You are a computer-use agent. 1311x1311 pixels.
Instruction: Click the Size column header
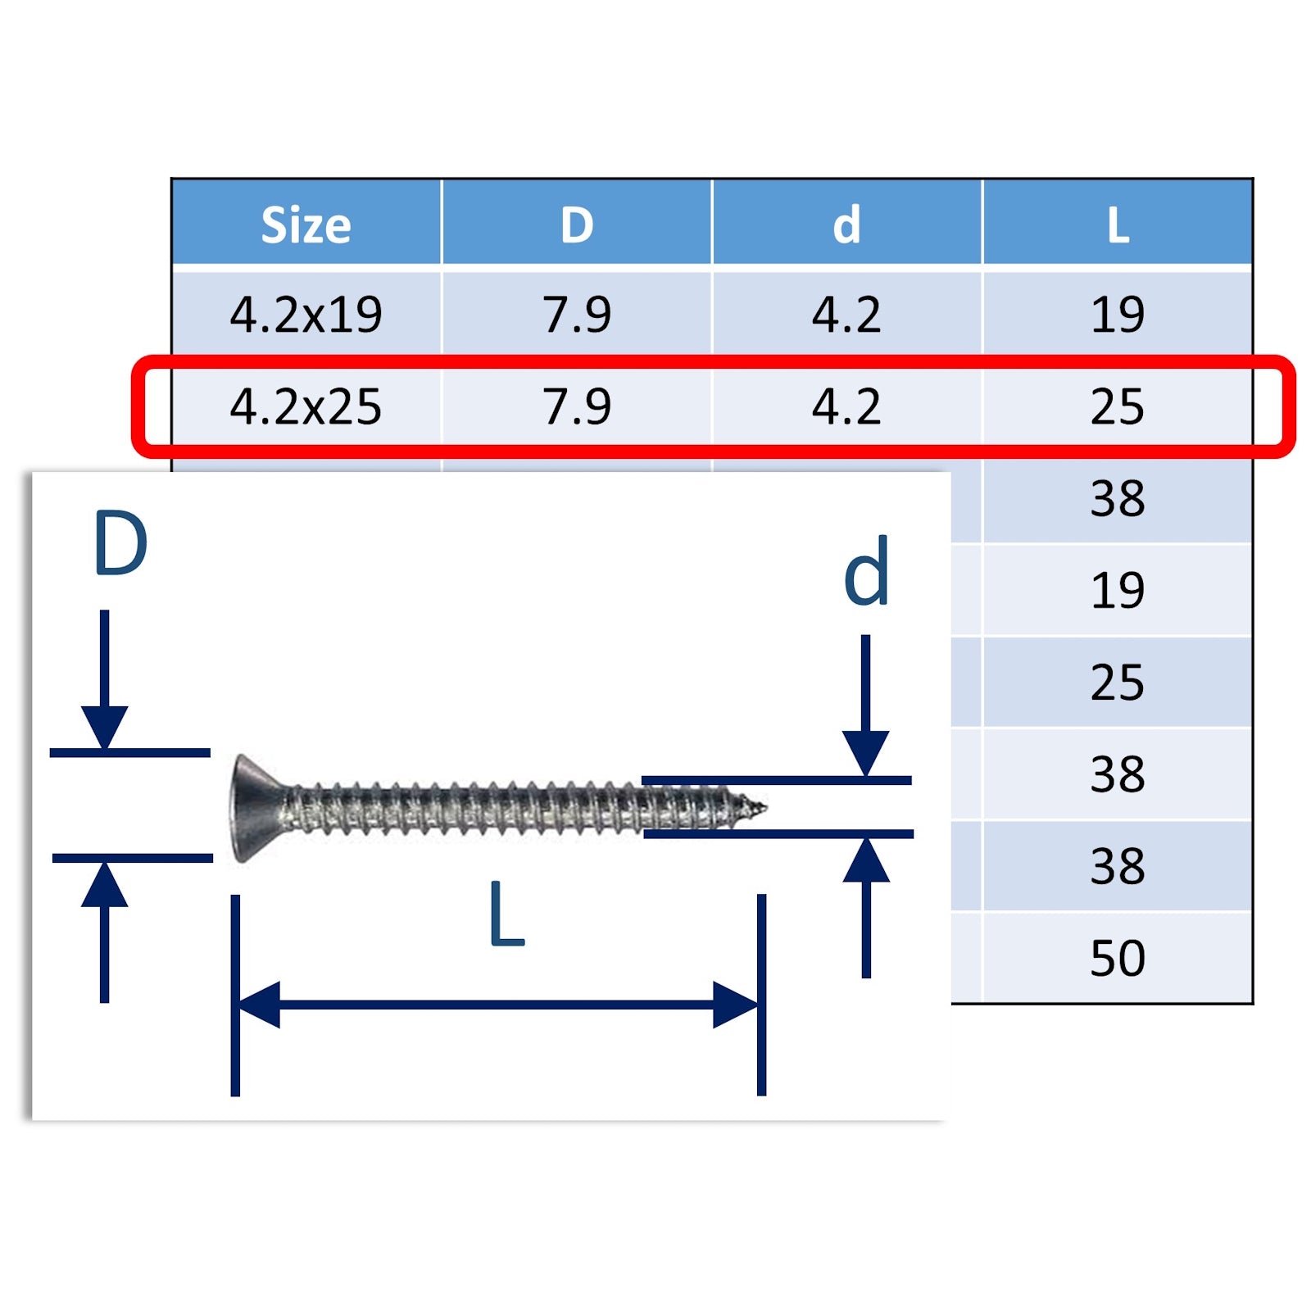(x=306, y=225)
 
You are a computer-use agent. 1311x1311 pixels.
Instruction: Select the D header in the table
(x=577, y=225)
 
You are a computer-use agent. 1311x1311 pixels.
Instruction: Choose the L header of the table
(x=1118, y=225)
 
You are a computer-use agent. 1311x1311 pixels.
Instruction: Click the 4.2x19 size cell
(x=306, y=315)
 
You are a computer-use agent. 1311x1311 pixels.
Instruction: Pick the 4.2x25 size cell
(x=306, y=406)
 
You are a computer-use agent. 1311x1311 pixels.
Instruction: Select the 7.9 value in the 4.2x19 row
(x=577, y=315)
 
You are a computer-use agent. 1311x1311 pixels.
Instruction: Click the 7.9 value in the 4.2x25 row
(x=577, y=406)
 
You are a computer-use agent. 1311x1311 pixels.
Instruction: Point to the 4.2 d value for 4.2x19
(x=846, y=315)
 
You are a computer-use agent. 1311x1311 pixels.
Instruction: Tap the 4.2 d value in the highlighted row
(x=846, y=406)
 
